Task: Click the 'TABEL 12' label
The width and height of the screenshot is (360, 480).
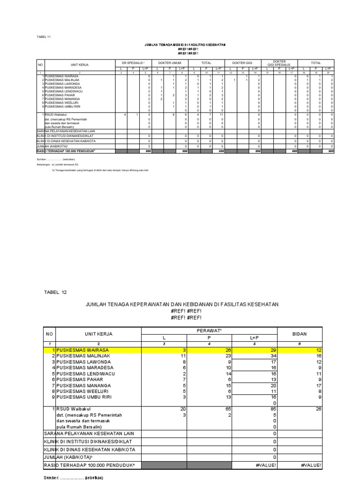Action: point(55,292)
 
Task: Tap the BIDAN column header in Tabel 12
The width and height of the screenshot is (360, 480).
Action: point(300,334)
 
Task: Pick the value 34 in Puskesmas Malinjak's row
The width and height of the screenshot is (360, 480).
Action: point(271,356)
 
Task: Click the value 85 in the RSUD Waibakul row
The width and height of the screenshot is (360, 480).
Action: point(271,409)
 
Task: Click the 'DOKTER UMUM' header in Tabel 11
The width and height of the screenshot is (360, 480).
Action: point(170,62)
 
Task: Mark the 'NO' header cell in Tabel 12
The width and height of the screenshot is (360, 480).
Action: point(49,334)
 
